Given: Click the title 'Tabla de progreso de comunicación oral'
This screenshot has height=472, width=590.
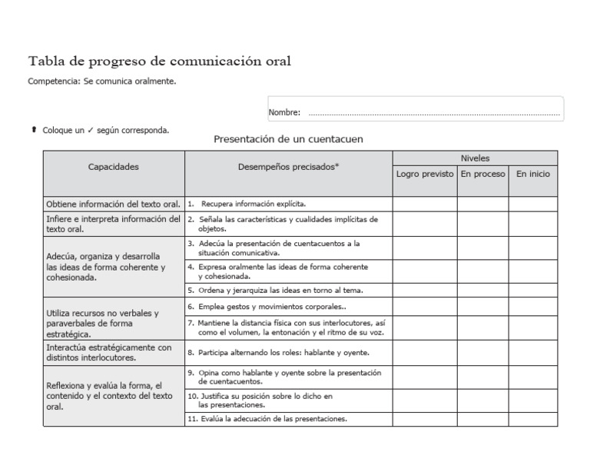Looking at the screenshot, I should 159,61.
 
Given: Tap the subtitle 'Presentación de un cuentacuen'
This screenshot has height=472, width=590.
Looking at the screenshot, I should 288,140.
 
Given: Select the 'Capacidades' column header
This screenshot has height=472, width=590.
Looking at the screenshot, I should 114,167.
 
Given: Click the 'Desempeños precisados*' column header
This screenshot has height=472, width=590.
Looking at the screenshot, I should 288,167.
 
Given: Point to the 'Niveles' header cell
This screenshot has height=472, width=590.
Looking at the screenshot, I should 475,158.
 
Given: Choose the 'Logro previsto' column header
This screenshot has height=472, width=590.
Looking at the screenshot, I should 425,175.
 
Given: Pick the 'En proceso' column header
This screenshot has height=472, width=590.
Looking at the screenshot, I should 482,175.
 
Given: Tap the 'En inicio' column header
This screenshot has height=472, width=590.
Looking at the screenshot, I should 532,175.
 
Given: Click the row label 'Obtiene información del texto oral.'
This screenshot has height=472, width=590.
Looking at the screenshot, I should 114,204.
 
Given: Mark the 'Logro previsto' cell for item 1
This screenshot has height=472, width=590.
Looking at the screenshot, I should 425,204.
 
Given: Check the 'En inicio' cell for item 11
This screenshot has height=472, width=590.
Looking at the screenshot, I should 532,419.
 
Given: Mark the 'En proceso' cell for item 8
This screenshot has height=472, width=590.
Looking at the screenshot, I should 482,352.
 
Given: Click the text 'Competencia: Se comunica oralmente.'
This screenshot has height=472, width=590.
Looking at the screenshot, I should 102,80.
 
